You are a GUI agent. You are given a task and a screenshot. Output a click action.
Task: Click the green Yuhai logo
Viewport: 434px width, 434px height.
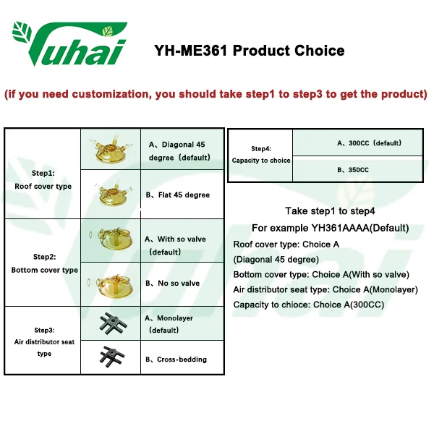[69, 43]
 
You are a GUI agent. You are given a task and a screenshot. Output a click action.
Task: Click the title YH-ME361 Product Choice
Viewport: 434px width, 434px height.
[250, 51]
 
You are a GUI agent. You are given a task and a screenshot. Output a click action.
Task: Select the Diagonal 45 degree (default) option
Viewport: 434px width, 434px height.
[179, 151]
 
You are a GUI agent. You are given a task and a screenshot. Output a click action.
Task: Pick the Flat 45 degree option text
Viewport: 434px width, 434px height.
[178, 195]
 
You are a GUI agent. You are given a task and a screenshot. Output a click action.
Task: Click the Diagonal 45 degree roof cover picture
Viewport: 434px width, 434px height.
[111, 148]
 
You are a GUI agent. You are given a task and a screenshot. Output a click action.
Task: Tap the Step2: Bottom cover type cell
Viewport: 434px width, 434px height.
[44, 263]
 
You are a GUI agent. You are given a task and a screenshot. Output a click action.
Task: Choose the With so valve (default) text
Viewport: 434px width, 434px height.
[175, 245]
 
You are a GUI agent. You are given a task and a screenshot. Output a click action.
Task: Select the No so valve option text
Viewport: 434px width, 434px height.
[172, 283]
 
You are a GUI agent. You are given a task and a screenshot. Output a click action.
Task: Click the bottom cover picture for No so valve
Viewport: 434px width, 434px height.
[111, 286]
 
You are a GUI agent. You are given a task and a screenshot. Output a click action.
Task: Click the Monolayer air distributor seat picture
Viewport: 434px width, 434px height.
[113, 323]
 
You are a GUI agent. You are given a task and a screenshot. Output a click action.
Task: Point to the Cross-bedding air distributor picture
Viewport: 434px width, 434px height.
[112, 357]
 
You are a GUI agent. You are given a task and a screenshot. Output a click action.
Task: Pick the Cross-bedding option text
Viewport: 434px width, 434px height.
[176, 359]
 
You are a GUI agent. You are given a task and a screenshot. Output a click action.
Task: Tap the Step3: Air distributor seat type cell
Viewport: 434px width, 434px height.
[44, 341]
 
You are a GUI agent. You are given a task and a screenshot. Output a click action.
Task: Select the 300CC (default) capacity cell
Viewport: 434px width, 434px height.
[357, 142]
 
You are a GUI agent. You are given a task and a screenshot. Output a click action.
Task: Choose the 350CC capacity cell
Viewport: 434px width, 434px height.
[357, 169]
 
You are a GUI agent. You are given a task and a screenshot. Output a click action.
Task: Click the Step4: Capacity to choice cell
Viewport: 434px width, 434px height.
[260, 155]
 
